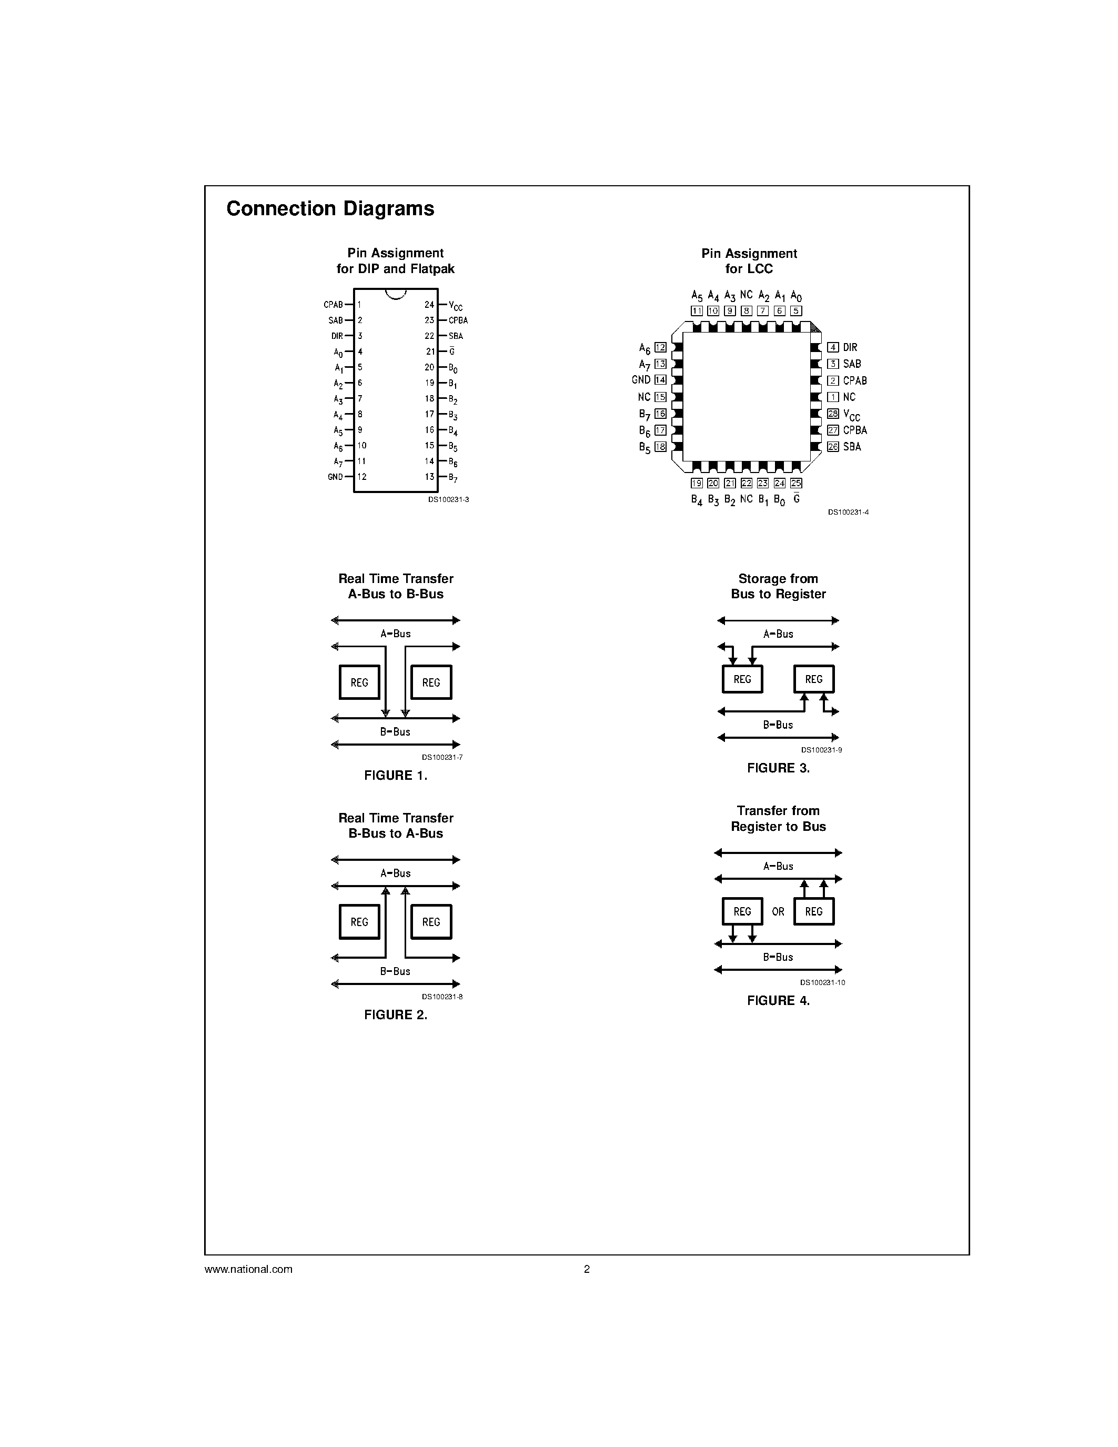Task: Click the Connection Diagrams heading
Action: click(330, 209)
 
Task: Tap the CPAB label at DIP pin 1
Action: click(333, 305)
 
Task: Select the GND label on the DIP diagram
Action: click(335, 477)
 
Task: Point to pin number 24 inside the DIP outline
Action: click(429, 305)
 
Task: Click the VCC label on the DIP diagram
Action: click(456, 306)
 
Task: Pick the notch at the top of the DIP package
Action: click(396, 294)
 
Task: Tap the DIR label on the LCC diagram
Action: click(850, 347)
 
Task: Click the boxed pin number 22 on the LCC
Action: click(747, 483)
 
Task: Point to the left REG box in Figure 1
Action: click(360, 682)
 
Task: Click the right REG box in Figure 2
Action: click(431, 921)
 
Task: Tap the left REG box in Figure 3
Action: click(742, 679)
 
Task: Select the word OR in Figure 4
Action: click(778, 912)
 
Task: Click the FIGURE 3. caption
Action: click(778, 768)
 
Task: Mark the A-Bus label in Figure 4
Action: click(778, 866)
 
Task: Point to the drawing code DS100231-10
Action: click(822, 982)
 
